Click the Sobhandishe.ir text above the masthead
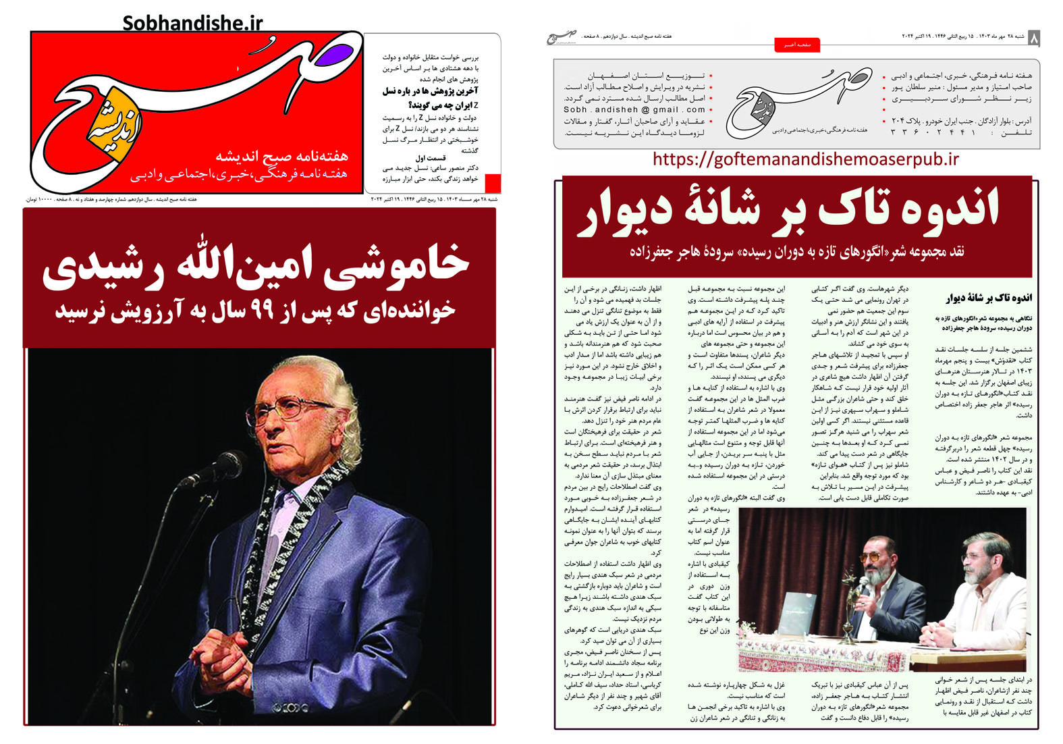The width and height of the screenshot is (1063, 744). [x=192, y=24]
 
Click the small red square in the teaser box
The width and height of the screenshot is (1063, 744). [x=493, y=184]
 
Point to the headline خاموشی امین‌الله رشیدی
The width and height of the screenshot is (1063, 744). [x=256, y=265]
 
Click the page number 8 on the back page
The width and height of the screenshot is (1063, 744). [x=1033, y=38]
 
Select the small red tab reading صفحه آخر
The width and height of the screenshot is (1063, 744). [x=796, y=45]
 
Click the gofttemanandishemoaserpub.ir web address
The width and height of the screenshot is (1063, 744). [x=806, y=159]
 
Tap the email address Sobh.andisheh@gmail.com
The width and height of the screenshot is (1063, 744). [x=634, y=109]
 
